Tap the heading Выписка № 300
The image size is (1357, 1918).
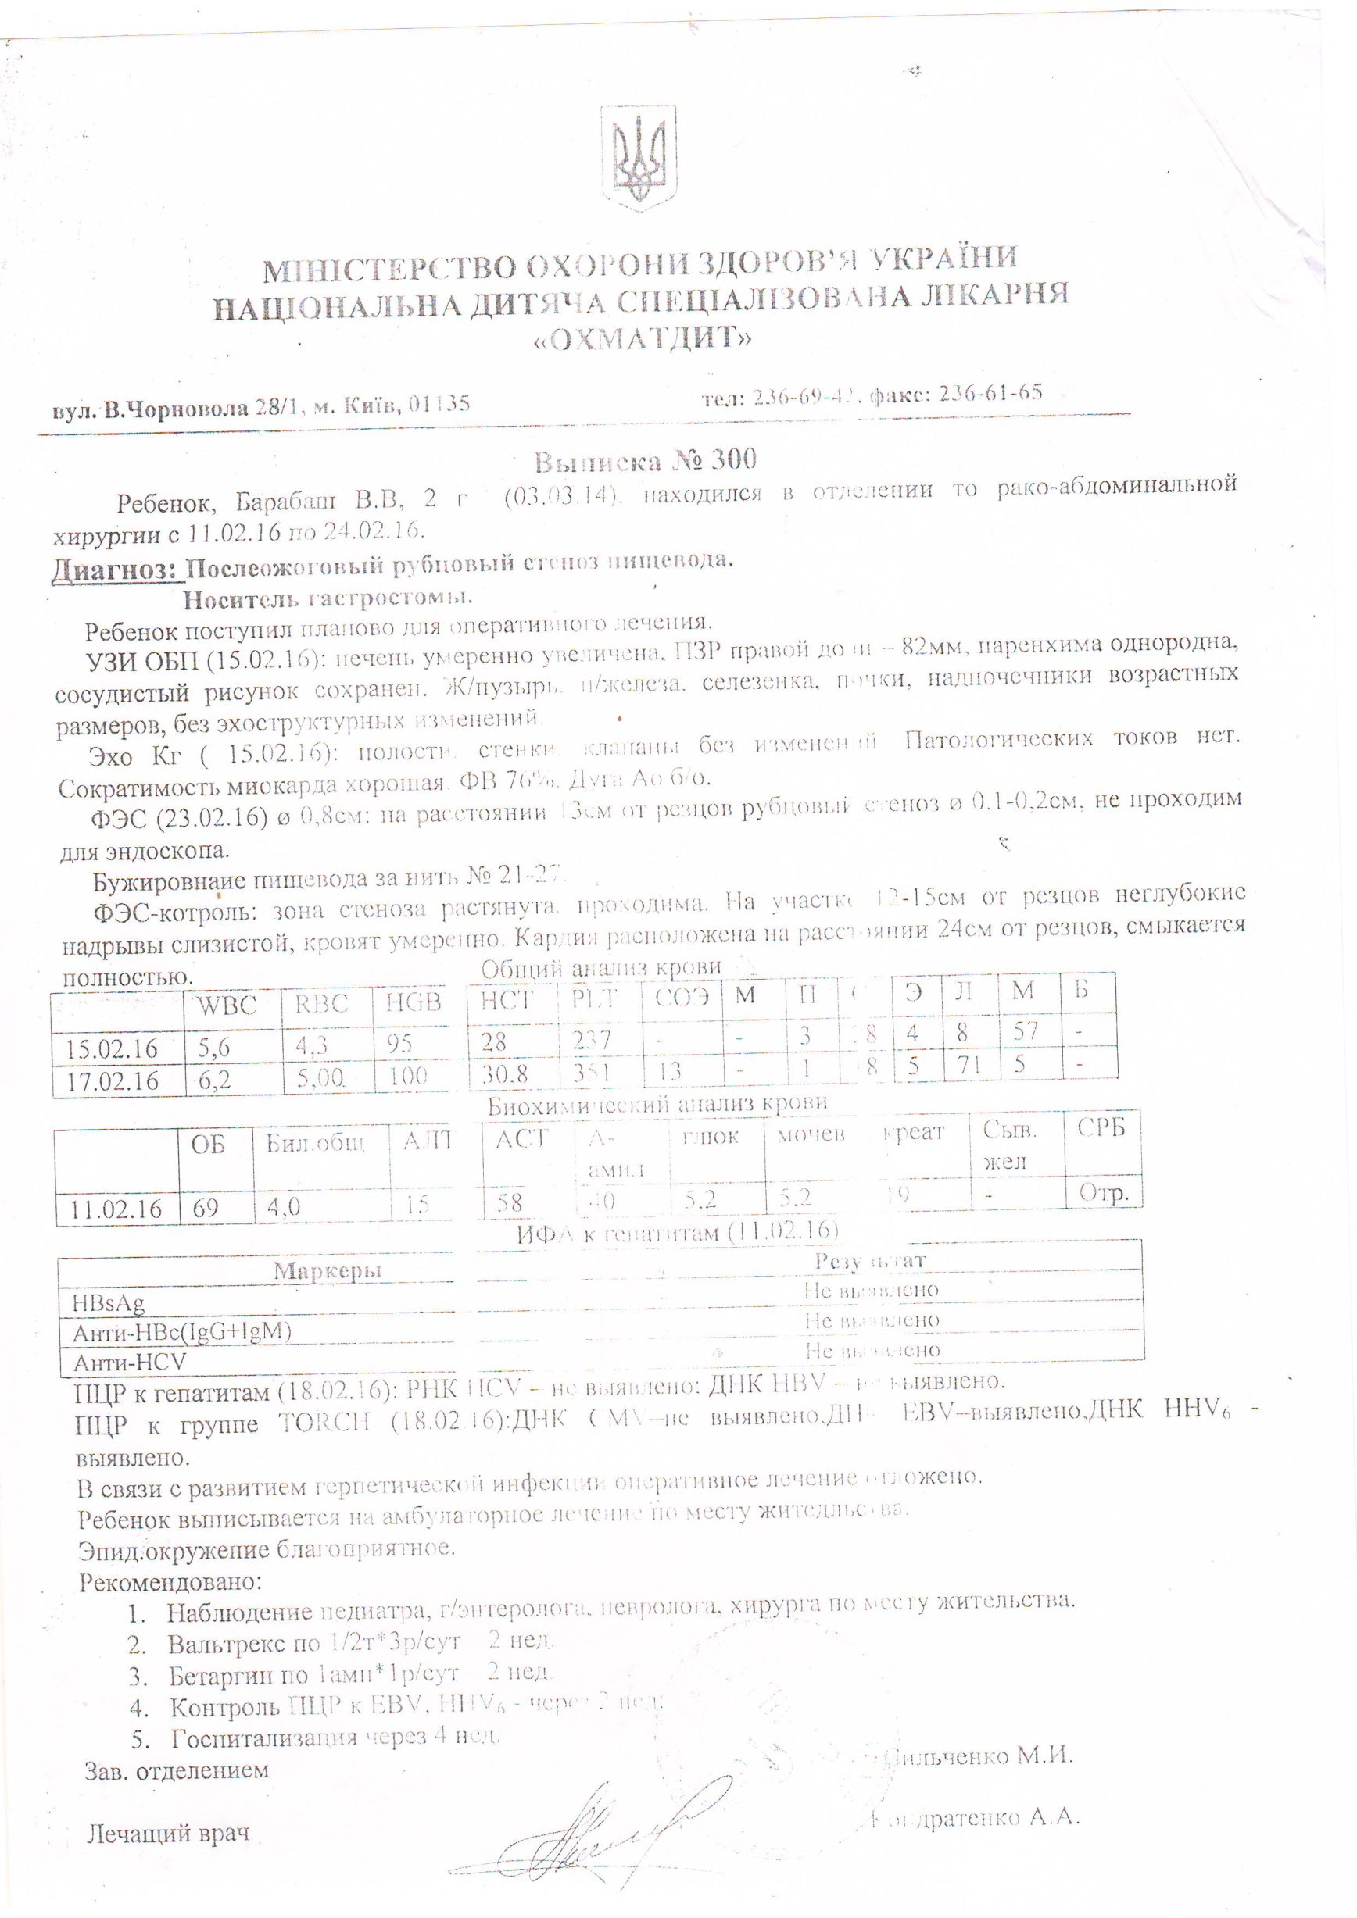[645, 459]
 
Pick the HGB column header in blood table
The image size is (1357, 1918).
[414, 1002]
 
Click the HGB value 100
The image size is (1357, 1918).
[408, 1076]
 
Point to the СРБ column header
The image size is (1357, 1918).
[1101, 1127]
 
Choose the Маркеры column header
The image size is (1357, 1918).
[328, 1271]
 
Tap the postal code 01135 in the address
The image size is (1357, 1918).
[441, 405]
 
